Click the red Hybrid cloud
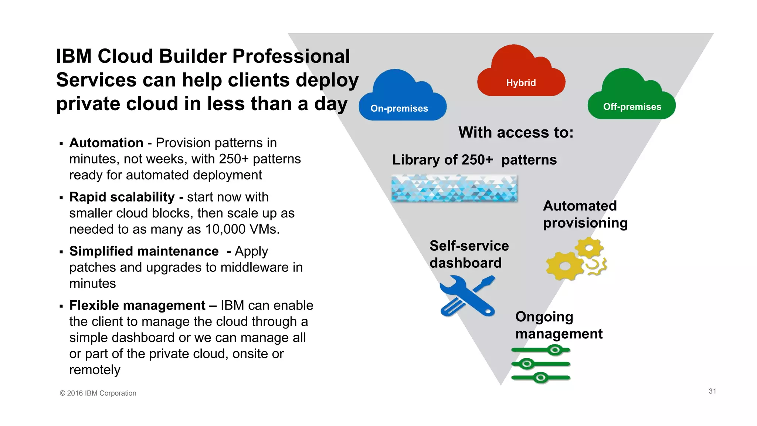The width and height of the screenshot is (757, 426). point(521,74)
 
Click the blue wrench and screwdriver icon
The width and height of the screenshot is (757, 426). point(467,296)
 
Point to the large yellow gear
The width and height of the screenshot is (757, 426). point(564,266)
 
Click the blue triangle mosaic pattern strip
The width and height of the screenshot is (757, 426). point(454,189)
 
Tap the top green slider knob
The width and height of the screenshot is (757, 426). point(555,350)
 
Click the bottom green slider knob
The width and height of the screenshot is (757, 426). point(541,378)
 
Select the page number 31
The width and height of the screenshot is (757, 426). point(712,391)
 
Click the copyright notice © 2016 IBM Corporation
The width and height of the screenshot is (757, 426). point(98,393)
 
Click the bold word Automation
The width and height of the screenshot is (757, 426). point(106,143)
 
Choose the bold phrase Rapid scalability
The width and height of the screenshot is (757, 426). point(122,197)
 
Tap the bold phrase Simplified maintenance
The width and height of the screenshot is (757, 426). point(144,251)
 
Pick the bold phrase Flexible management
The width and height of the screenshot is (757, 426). point(137,305)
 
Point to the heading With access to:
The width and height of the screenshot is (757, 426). point(516,132)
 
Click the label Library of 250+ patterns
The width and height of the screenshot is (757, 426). point(474,160)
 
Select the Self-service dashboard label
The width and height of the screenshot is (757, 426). point(469,254)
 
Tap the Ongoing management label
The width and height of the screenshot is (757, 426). point(559,325)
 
